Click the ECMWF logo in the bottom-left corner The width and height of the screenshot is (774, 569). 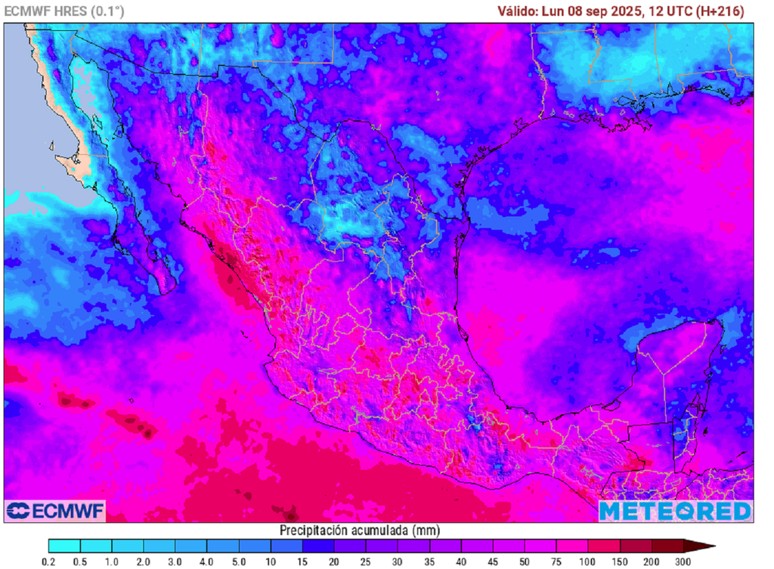point(54,511)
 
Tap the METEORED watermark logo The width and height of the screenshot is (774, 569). point(676,511)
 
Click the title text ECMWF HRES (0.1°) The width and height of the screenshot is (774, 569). point(64,11)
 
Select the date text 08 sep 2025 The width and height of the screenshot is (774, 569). point(602,11)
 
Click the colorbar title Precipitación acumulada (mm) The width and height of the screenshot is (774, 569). point(360,530)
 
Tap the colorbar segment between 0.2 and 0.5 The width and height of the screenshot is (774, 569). point(65,546)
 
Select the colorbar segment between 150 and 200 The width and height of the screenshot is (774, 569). point(635,546)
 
